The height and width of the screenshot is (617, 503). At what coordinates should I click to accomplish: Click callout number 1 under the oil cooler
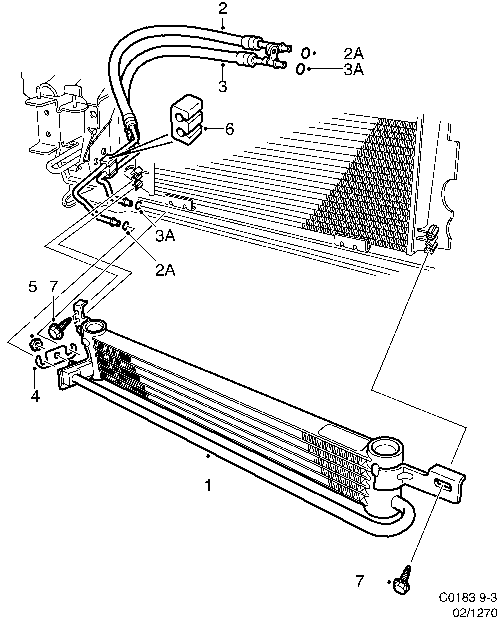(208, 486)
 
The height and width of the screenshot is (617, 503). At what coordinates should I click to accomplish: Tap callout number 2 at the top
(222, 9)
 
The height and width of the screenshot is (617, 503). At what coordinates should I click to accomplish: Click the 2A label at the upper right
(353, 54)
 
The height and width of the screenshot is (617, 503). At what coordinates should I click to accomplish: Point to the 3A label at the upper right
(353, 70)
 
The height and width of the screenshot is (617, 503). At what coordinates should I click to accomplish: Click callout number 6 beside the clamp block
(229, 129)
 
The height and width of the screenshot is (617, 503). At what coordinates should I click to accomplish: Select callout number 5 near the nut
(32, 287)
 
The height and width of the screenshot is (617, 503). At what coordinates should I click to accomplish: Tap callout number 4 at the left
(35, 396)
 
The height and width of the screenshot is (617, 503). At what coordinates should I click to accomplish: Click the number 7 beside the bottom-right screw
(359, 581)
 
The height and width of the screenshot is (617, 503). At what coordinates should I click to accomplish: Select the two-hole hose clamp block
(187, 120)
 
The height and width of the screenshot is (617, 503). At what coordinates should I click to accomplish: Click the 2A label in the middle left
(165, 270)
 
